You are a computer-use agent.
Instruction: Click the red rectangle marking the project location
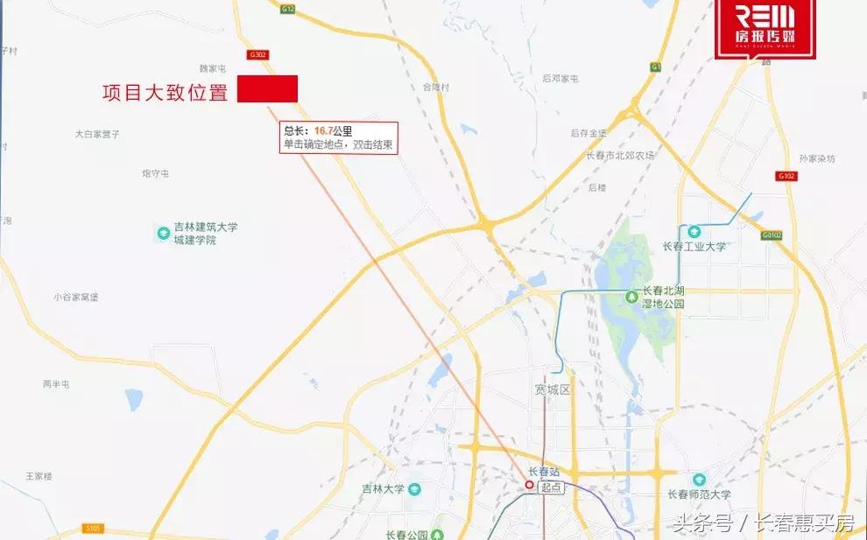click(267, 88)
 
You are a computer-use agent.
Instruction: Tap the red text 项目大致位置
click(165, 93)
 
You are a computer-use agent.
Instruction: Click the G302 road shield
click(258, 54)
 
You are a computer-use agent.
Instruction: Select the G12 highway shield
click(288, 9)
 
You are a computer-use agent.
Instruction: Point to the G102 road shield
click(786, 175)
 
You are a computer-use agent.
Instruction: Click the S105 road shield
click(94, 528)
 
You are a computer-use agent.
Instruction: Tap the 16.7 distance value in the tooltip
click(322, 131)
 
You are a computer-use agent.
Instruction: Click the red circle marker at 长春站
click(529, 484)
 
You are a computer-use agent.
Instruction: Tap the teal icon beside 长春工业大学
click(694, 231)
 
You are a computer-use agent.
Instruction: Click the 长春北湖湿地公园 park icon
click(631, 298)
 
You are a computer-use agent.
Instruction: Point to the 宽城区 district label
click(552, 389)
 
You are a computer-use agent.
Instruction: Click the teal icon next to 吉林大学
click(414, 488)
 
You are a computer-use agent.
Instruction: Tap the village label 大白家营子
click(97, 134)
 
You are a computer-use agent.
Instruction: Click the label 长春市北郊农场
click(621, 156)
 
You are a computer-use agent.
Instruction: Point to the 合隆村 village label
click(435, 88)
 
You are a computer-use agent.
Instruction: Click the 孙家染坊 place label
click(817, 159)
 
